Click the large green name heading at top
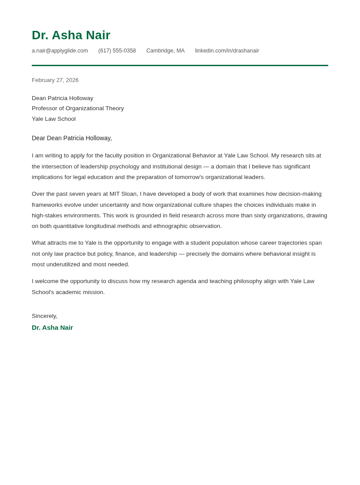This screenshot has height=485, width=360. tap(71, 35)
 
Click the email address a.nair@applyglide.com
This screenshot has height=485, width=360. tap(60, 51)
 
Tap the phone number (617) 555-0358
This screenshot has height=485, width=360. tap(117, 51)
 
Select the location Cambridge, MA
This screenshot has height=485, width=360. tap(165, 51)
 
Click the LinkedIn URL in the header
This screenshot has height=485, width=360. tap(227, 51)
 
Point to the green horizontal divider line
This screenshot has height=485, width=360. tap(180, 65)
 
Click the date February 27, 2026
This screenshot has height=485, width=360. tap(55, 80)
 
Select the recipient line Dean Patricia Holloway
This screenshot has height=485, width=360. tap(62, 98)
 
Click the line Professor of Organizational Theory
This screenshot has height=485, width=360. tap(78, 108)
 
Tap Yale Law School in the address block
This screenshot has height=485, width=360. tap(53, 119)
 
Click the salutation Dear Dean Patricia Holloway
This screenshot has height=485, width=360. tap(72, 138)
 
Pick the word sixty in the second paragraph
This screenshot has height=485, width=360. tap(262, 216)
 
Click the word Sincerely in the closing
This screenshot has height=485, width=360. tap(44, 316)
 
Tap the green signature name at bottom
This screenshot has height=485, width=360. tap(52, 328)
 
